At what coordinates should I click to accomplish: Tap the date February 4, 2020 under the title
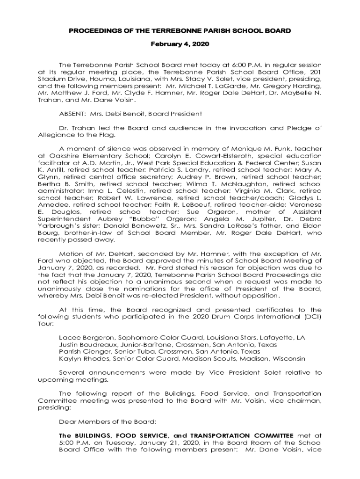pos(180,44)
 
